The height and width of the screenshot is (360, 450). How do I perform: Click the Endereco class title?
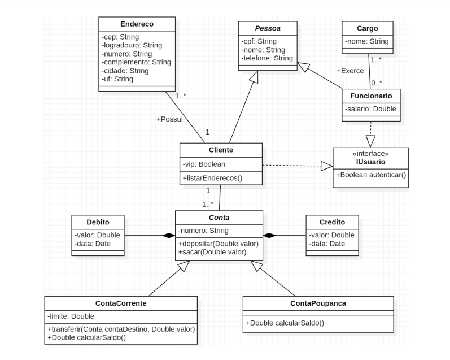137,24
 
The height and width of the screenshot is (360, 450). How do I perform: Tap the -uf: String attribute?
118,79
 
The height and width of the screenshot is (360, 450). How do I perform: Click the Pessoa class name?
267,28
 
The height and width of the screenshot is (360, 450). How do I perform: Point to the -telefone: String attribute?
267,58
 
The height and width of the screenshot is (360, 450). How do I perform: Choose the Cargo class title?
368,28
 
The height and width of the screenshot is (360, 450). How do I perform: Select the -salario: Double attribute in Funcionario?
371,109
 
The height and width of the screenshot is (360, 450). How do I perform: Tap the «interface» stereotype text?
370,153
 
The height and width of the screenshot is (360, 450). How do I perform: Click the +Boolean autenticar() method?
370,175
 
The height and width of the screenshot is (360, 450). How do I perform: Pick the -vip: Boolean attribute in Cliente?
204,164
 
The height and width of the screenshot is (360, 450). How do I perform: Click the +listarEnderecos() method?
212,178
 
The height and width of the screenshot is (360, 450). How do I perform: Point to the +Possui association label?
169,119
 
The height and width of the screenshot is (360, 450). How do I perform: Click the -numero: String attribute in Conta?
203,231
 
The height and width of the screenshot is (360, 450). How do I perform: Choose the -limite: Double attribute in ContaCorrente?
71,316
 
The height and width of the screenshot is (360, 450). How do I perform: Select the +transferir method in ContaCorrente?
121,329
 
